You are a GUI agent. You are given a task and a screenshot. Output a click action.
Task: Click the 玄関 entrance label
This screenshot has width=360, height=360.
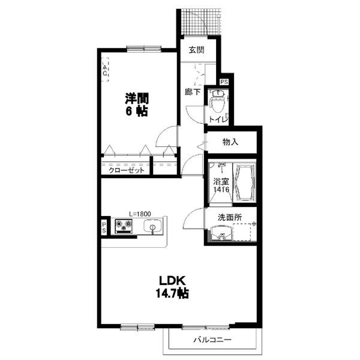click(197, 50)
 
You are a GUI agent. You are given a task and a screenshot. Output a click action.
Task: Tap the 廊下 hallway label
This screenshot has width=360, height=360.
click(193, 92)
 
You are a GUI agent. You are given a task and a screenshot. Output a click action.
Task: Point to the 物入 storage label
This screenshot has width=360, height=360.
click(230, 142)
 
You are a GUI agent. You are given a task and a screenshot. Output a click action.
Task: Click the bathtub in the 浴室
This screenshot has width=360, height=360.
click(244, 182)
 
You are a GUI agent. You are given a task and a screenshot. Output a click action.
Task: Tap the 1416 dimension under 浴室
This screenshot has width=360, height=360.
click(221, 190)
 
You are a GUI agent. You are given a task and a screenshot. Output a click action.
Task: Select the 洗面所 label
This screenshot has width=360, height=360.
click(230, 217)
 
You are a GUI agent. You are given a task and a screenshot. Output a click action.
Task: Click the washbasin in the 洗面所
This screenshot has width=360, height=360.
click(221, 233)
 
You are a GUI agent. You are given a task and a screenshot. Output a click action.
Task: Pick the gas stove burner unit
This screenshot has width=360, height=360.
click(124, 226)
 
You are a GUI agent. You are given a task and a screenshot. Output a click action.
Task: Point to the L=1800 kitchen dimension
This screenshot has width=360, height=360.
click(140, 214)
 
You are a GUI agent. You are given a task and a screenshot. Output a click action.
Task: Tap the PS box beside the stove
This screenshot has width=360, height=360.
click(104, 227)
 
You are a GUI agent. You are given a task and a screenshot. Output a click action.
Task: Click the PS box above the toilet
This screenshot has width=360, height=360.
click(224, 82)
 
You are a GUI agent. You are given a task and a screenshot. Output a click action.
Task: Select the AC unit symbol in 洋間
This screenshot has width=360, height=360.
click(105, 70)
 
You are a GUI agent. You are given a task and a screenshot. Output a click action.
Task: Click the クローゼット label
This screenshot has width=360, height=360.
click(127, 170)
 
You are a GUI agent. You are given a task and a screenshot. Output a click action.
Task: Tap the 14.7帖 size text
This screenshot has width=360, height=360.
click(172, 293)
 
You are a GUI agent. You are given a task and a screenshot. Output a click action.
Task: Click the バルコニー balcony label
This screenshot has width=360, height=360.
click(212, 340)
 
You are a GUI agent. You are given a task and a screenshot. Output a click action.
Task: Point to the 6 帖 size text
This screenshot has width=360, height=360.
click(136, 111)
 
